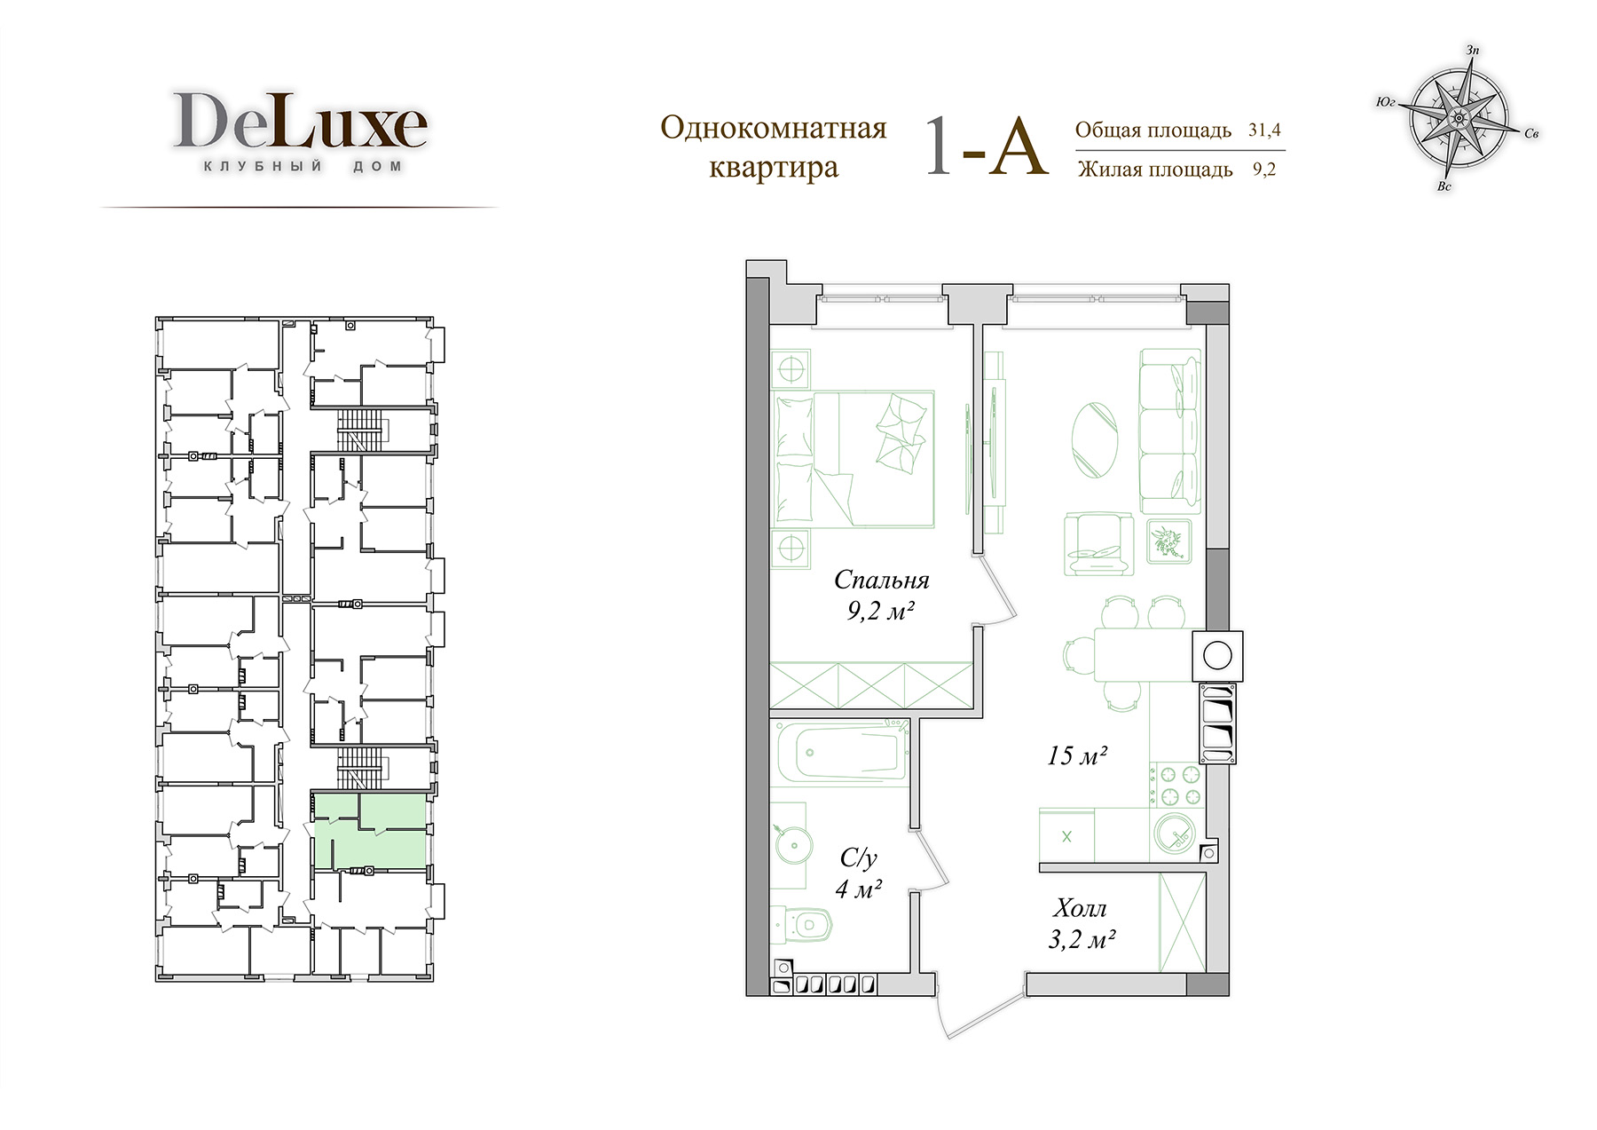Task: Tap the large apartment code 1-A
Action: (x=987, y=146)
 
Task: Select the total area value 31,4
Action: (x=1265, y=130)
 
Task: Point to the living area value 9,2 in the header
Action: (x=1264, y=169)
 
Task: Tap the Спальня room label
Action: (x=881, y=581)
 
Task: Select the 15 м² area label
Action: (x=1076, y=756)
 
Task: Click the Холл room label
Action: (x=1081, y=908)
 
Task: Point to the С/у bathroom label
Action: (x=858, y=857)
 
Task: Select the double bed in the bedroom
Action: (x=854, y=458)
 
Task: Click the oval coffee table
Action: (x=1095, y=441)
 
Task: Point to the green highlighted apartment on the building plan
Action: (x=369, y=833)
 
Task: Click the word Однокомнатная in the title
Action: (x=774, y=128)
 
